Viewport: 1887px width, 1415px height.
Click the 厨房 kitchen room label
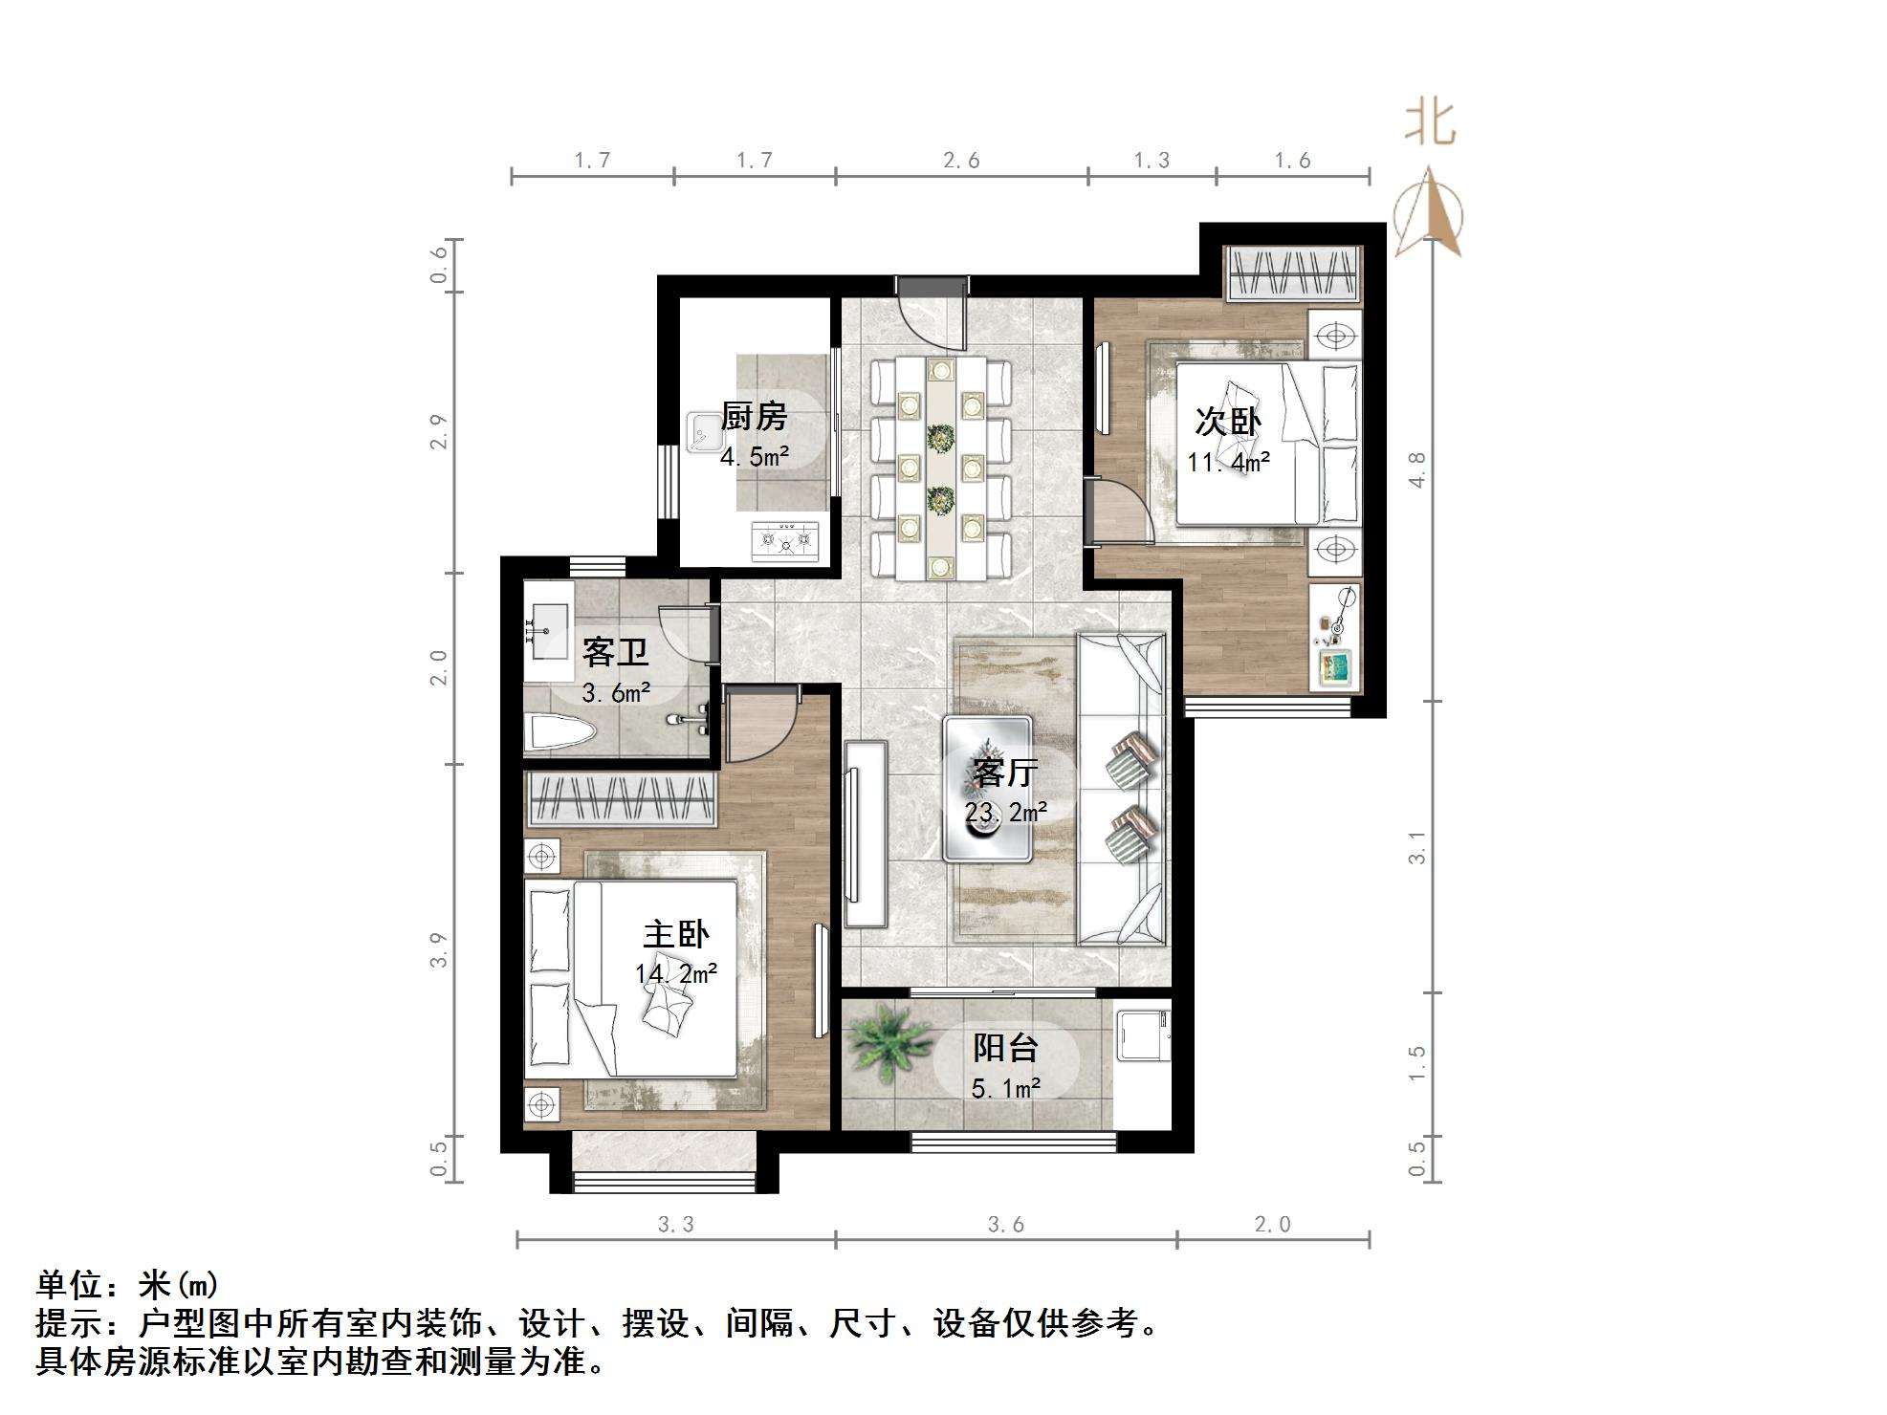click(754, 417)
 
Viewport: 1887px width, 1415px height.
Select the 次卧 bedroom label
click(1228, 421)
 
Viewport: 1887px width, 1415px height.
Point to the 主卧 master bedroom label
click(675, 934)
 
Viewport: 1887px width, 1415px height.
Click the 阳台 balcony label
click(1005, 1048)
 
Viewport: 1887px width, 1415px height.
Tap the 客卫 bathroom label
click(615, 652)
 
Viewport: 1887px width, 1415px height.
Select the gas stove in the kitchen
click(785, 541)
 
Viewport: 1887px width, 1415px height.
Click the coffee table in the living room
click(988, 790)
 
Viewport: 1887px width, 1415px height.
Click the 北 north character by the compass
click(1430, 124)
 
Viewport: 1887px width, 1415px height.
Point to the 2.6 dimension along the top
click(961, 161)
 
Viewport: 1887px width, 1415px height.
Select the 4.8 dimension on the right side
click(1418, 469)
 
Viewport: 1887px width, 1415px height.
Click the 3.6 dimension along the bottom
click(1006, 1225)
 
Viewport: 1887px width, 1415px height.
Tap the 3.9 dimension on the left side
click(439, 949)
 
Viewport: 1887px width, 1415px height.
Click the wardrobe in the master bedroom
click(621, 798)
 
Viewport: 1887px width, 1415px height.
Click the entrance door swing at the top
click(932, 320)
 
